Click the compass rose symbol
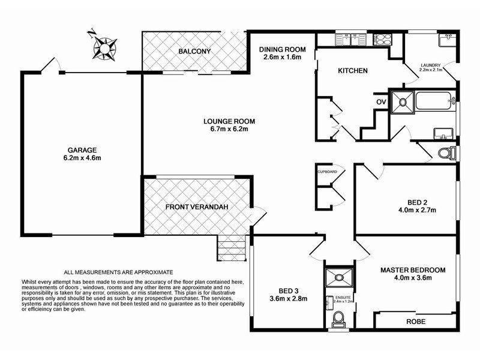click(105, 49)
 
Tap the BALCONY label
click(194, 51)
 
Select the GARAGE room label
click(82, 150)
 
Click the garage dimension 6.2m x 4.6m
click(82, 158)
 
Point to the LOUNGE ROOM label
click(229, 121)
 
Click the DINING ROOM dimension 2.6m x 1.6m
click(282, 57)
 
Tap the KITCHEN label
click(353, 71)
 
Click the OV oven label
click(381, 102)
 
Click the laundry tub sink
click(447, 40)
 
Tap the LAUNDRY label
click(430, 65)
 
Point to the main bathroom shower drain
click(403, 101)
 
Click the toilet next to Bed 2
click(446, 153)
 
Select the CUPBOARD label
click(327, 172)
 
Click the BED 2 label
click(417, 202)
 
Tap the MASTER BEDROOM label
click(413, 270)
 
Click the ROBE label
click(416, 322)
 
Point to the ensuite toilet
click(339, 319)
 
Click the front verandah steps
click(232, 248)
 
